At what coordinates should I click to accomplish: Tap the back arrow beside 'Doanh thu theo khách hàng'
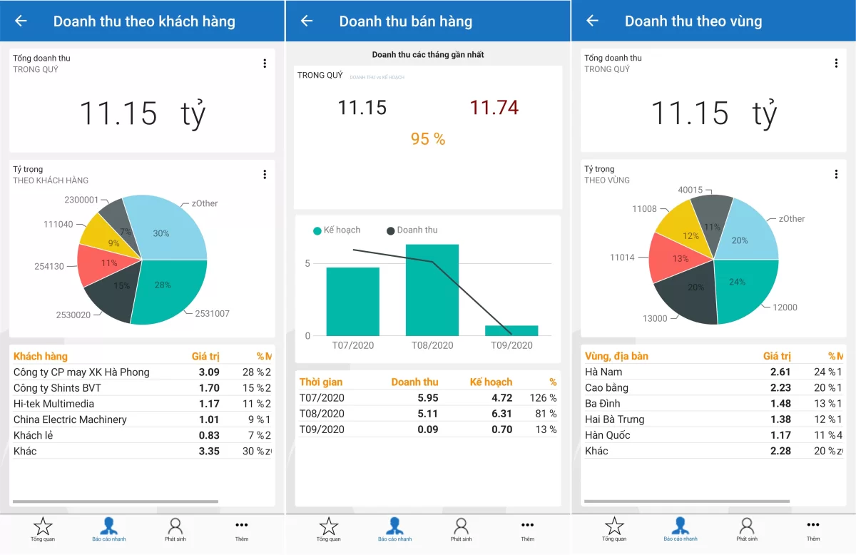coord(21,21)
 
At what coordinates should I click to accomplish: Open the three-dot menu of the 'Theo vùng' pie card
coord(836,174)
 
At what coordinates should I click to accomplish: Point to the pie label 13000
coord(655,318)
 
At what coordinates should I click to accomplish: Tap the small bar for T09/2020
coord(511,330)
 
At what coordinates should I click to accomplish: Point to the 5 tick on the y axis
coord(307,263)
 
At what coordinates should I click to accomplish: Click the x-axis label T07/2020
coord(352,345)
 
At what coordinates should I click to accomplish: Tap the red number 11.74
coord(494,108)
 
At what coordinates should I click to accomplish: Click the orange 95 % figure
coord(428,139)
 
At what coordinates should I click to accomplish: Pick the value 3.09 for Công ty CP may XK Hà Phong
coord(209,372)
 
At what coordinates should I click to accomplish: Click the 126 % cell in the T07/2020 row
coord(543,398)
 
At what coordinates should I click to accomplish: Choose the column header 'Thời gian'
coord(321,382)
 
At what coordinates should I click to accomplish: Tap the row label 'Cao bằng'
coord(606,387)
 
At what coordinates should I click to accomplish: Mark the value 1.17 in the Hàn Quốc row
coord(780,435)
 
